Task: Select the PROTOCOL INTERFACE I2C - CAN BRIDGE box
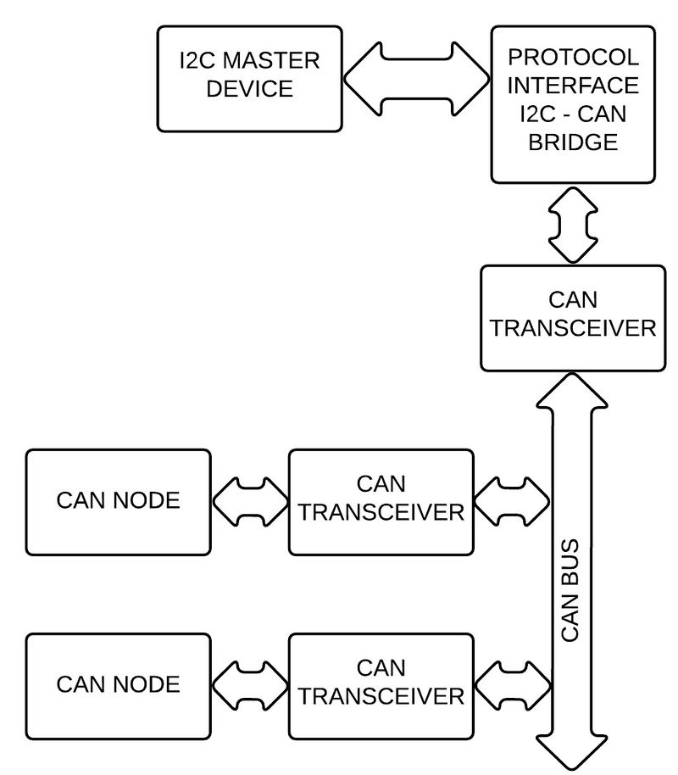click(573, 103)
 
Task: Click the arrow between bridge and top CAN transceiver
click(573, 223)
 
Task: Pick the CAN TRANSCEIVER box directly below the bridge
click(573, 318)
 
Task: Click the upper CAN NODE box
click(118, 501)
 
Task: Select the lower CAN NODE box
click(118, 684)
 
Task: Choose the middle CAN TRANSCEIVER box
click(381, 501)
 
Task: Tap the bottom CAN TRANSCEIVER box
click(381, 684)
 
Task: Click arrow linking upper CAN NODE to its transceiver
click(250, 501)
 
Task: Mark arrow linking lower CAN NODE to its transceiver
click(250, 684)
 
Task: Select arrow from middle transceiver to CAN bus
click(511, 501)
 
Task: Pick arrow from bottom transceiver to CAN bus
click(511, 684)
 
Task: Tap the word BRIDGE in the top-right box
click(573, 142)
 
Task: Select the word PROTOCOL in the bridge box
click(573, 58)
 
